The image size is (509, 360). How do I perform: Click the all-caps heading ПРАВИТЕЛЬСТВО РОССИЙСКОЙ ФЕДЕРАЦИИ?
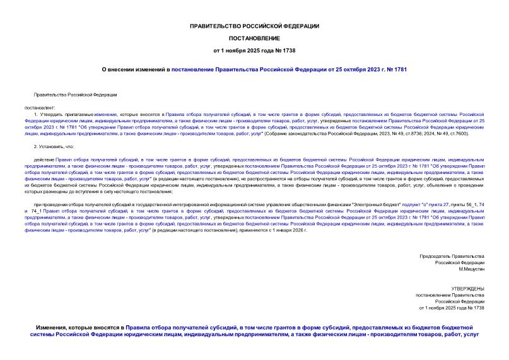tap(254, 26)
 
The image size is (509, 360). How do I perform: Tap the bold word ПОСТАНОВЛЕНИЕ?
tap(254, 38)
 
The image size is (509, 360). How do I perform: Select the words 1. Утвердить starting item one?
tap(48, 117)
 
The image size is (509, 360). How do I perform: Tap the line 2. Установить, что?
tap(56, 146)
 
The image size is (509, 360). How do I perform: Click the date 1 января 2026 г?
tap(291, 231)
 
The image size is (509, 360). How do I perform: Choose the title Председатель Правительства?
tap(452, 256)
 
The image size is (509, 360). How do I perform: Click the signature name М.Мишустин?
tap(467, 269)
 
